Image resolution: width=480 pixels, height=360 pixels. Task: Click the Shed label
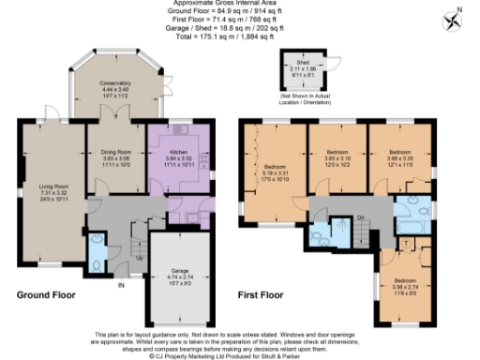coord(302,62)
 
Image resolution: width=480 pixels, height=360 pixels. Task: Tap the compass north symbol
coord(457,20)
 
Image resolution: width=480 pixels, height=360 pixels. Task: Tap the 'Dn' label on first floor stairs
coord(360,217)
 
